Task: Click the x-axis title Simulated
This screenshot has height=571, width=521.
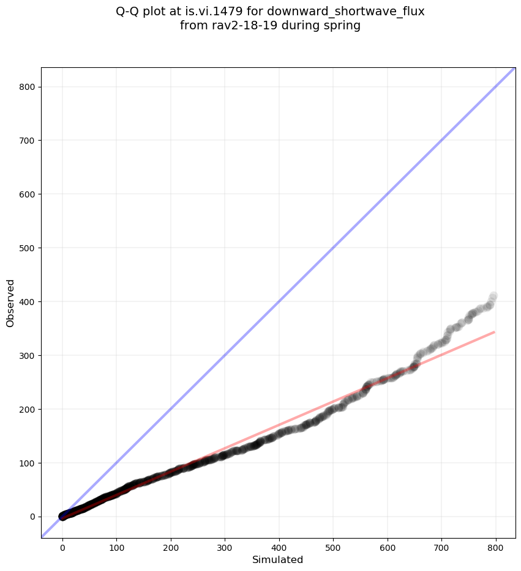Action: point(278,559)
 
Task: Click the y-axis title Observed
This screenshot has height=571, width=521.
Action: point(10,303)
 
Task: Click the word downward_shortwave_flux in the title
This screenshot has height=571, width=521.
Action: point(346,11)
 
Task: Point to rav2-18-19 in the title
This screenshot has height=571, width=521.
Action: point(236,26)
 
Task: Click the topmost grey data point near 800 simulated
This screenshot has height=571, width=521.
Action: point(493,297)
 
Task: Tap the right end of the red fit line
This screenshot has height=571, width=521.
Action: point(494,332)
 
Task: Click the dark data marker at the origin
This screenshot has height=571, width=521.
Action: point(62,517)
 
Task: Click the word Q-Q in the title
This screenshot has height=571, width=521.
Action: point(128,11)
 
